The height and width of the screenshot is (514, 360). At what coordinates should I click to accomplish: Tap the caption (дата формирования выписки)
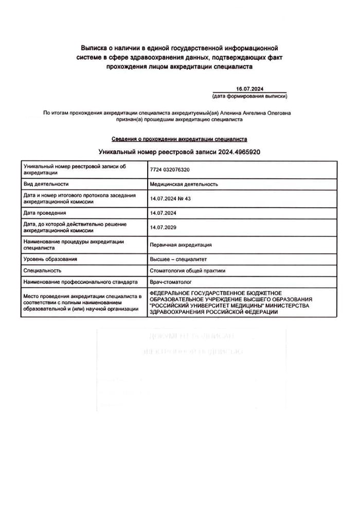coord(249,96)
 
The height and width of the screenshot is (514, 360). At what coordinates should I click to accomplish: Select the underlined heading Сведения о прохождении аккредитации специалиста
coord(179,139)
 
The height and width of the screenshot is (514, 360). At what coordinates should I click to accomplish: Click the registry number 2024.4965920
coord(239,152)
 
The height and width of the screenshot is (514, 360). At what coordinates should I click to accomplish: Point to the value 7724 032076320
coord(173,170)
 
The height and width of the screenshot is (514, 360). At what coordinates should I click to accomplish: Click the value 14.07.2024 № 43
coord(170,198)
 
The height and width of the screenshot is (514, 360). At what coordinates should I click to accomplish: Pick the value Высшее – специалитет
coord(178,259)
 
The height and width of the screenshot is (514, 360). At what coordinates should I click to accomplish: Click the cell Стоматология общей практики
coord(187,270)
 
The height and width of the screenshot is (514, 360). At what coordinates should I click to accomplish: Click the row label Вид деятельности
coord(46,184)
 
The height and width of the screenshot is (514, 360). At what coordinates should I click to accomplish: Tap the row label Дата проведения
coord(45,213)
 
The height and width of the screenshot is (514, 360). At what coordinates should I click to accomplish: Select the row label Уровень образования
coord(50,259)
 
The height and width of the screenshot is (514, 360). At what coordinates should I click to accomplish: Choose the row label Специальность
coord(43,270)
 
